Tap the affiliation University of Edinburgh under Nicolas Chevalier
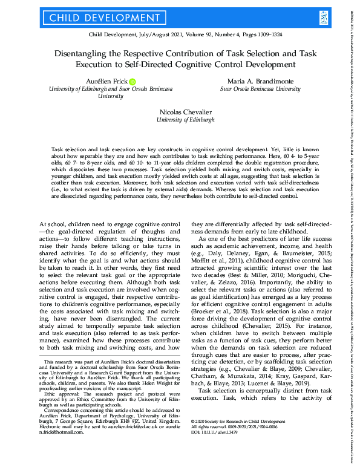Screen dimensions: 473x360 [185, 120]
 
